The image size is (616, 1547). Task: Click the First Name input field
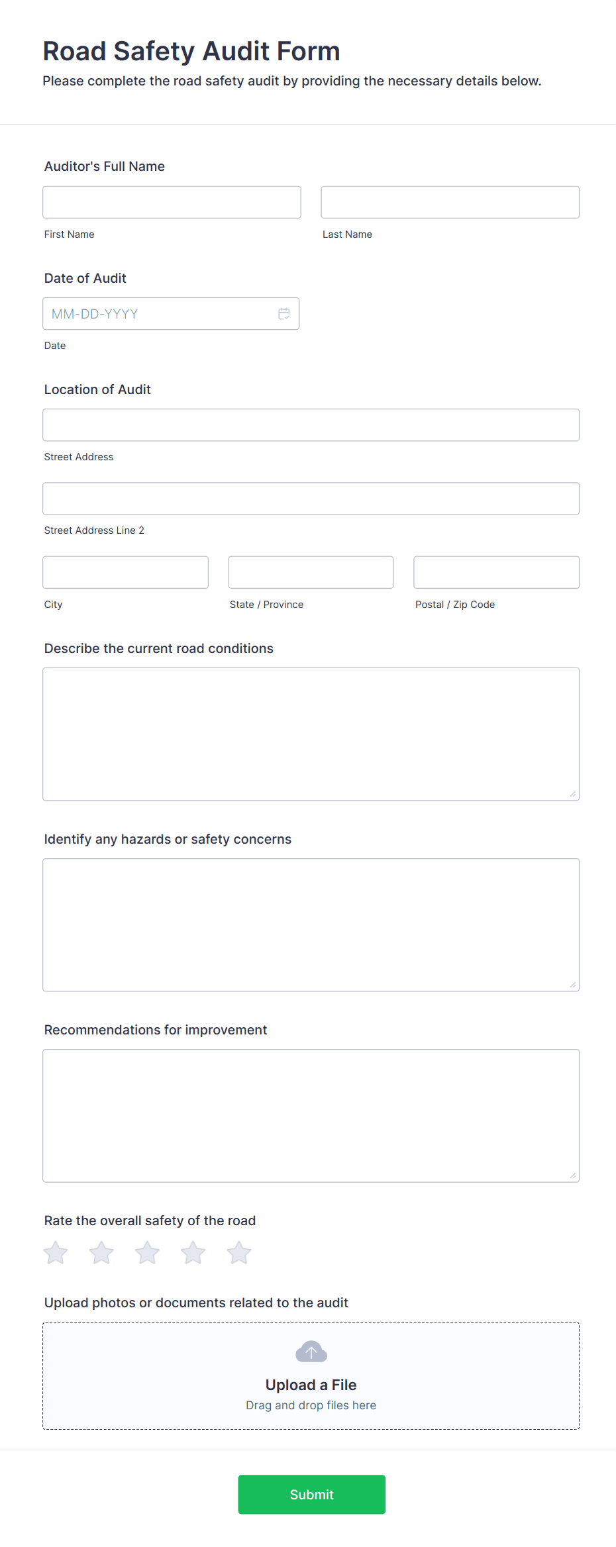click(x=172, y=202)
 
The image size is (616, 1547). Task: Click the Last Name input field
click(x=450, y=202)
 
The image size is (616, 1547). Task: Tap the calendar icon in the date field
click(x=284, y=314)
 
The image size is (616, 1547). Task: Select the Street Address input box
click(x=311, y=425)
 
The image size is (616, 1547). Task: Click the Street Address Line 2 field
click(x=311, y=499)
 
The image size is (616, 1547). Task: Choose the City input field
click(x=125, y=572)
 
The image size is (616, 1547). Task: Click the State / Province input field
click(x=311, y=572)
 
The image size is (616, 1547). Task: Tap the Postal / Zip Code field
click(x=496, y=572)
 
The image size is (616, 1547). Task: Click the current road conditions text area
click(x=311, y=734)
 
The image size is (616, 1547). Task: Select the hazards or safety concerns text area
click(x=311, y=924)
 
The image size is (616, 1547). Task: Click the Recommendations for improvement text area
click(x=311, y=1115)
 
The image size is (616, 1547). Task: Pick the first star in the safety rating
click(x=56, y=1252)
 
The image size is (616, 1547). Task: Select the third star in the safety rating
click(x=147, y=1252)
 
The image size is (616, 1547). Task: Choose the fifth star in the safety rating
click(x=238, y=1252)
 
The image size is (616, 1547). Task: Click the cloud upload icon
click(x=311, y=1352)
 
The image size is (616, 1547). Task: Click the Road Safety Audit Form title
click(x=191, y=51)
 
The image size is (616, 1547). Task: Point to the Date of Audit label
click(x=85, y=278)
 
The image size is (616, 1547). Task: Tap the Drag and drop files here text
click(x=311, y=1405)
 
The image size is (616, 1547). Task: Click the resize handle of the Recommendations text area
click(x=573, y=1175)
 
